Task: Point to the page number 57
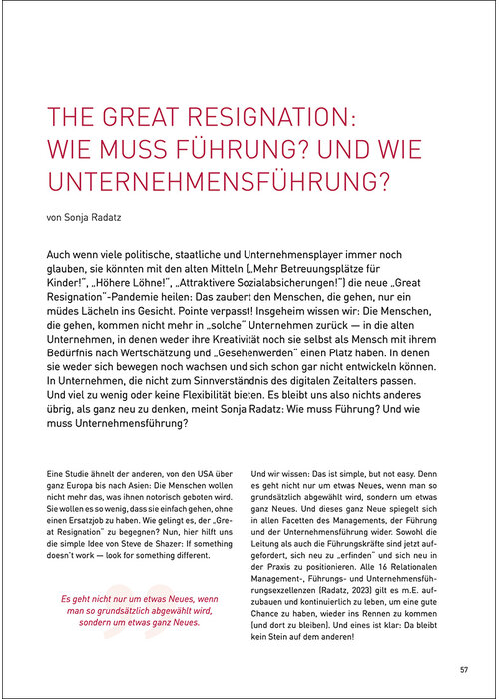point(464,669)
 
